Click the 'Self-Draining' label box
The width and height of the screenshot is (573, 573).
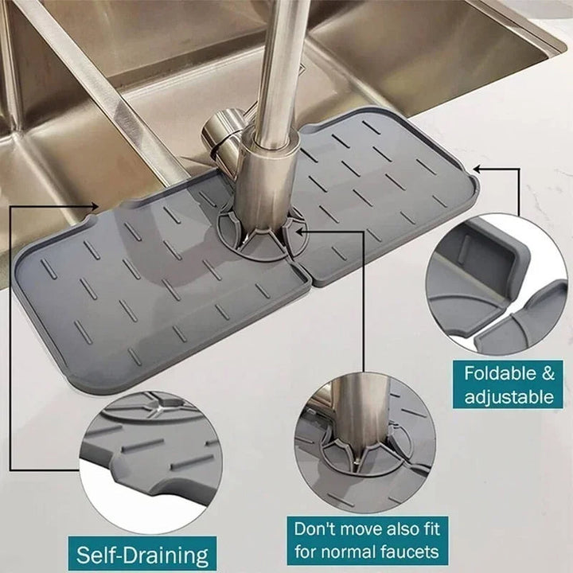click(x=142, y=554)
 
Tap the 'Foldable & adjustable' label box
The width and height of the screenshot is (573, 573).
click(x=509, y=385)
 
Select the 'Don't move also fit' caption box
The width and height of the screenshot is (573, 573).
click(x=366, y=539)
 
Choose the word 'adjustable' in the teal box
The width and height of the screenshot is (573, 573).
click(x=509, y=397)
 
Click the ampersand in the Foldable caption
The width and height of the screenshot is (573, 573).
click(x=547, y=373)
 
